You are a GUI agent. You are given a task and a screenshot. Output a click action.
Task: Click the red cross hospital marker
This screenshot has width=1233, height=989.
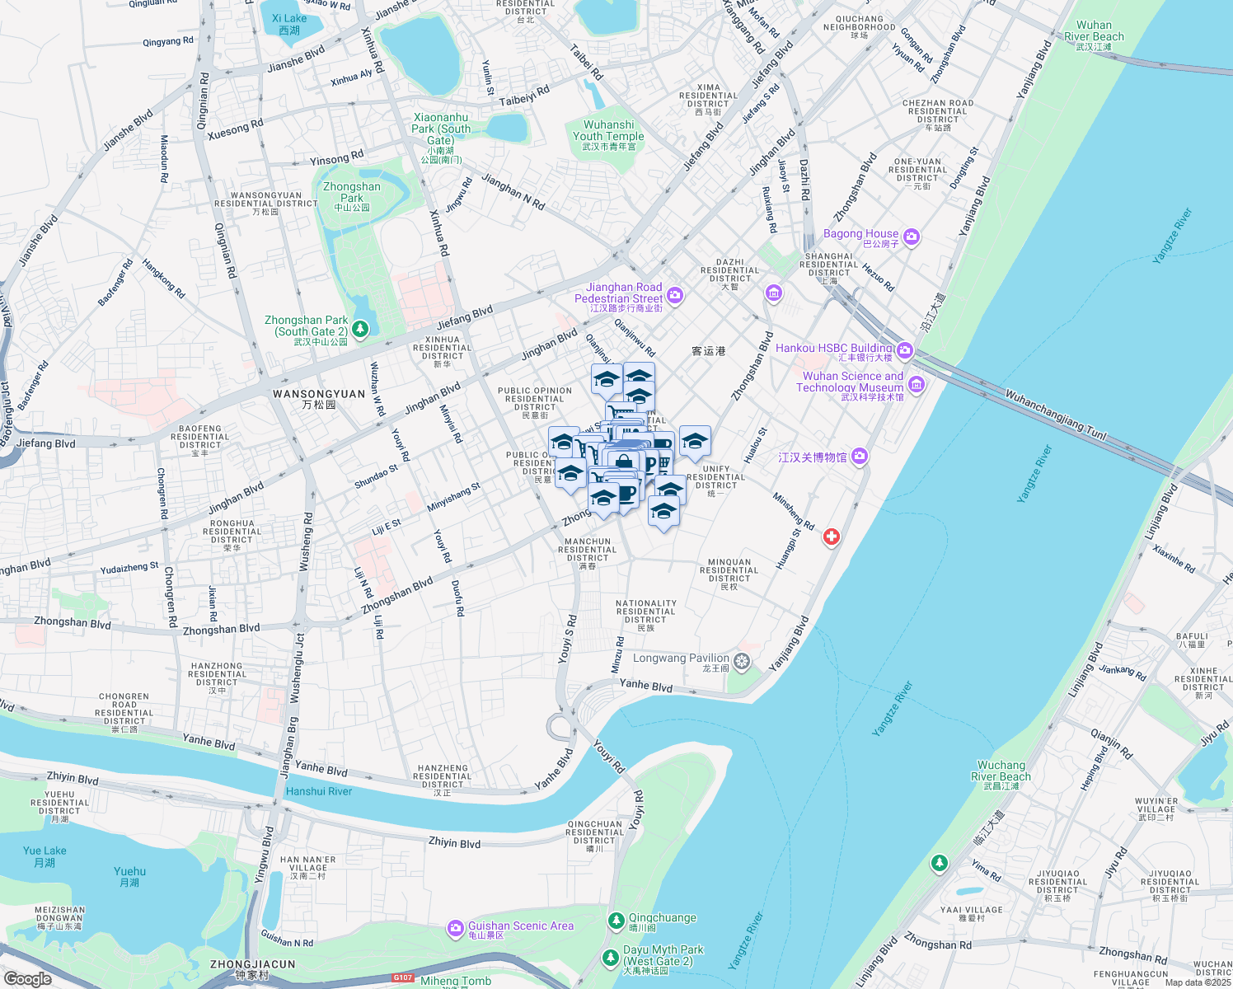(x=832, y=537)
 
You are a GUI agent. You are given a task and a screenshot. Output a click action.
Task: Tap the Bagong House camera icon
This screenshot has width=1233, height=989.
(x=911, y=237)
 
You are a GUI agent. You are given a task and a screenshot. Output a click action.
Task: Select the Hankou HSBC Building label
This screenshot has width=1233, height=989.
(x=833, y=349)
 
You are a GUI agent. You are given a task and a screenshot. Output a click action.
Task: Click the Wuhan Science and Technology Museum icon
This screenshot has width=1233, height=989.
(x=917, y=385)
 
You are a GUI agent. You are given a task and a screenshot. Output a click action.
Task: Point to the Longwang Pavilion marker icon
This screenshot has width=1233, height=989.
(x=742, y=661)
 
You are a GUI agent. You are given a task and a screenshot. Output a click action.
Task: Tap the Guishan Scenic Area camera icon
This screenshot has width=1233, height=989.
(x=455, y=929)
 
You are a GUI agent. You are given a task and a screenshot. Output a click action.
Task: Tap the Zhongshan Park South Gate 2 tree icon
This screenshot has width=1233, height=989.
(x=359, y=330)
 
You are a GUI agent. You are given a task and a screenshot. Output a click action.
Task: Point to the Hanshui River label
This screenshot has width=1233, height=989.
(x=318, y=791)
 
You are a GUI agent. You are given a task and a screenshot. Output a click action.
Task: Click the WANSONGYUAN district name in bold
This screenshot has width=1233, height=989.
(x=319, y=395)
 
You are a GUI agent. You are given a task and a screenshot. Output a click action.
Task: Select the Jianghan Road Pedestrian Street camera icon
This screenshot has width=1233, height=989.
(x=675, y=295)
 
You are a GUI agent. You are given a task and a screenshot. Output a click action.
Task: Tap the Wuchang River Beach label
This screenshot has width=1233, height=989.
(x=1001, y=771)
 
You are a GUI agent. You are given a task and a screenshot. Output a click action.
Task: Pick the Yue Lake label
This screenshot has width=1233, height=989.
(x=45, y=851)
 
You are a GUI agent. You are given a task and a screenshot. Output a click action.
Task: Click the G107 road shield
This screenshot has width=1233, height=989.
(x=402, y=977)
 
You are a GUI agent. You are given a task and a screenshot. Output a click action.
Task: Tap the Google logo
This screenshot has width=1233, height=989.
(x=27, y=978)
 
